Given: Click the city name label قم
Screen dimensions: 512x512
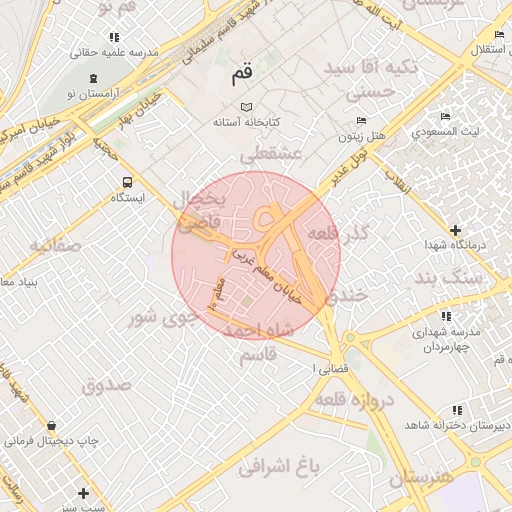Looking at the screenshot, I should point(241,74).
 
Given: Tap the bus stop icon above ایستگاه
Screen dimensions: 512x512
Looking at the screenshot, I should point(127,182).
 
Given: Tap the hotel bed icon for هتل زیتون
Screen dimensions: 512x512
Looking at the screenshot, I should point(361,117).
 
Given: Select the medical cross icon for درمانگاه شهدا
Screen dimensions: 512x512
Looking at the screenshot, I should point(456,230).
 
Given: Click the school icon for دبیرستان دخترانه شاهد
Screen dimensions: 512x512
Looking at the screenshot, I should point(457,410).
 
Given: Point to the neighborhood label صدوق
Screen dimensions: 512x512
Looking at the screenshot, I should point(106,384).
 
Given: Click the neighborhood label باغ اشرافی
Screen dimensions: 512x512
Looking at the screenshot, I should point(279,465).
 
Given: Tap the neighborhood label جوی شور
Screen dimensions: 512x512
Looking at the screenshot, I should point(158,318).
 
